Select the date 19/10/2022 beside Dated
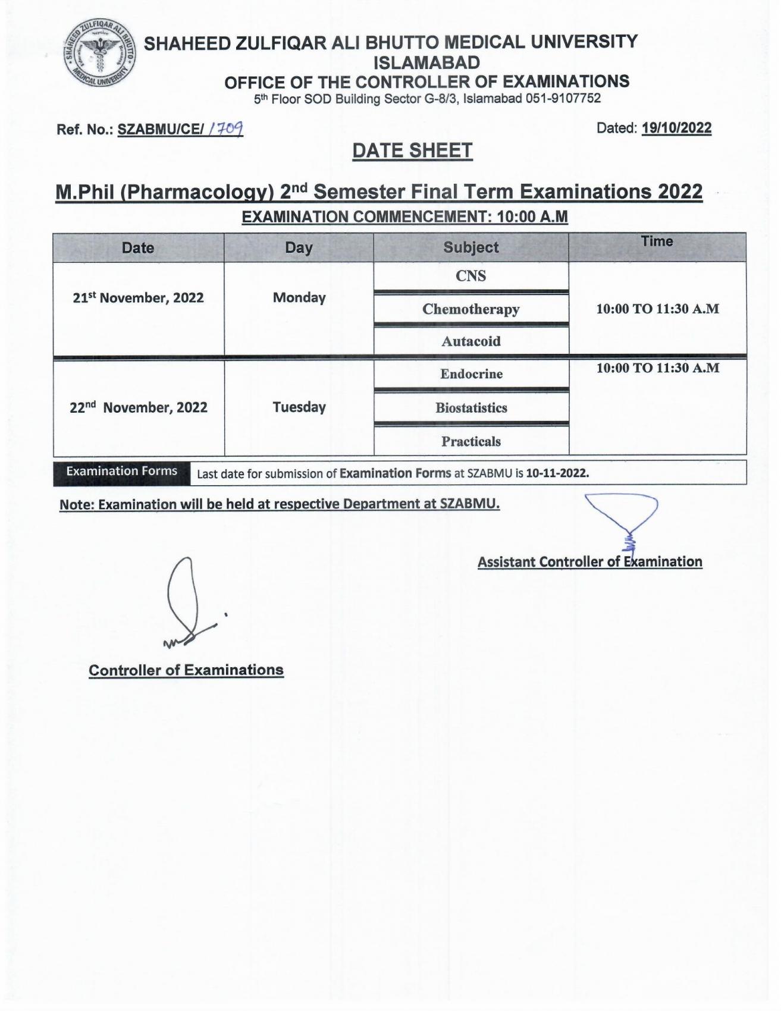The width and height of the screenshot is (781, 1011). [x=676, y=128]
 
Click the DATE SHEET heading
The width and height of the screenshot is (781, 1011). [x=412, y=151]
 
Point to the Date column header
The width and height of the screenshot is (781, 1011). [x=138, y=248]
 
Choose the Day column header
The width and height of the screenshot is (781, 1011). [x=299, y=248]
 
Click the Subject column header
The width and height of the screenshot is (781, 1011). [x=471, y=247]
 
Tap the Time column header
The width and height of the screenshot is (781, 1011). [x=657, y=241]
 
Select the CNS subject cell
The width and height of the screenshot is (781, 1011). [x=471, y=276]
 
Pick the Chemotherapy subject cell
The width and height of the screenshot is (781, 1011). [x=471, y=309]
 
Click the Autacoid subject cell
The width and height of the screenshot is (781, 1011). [x=471, y=341]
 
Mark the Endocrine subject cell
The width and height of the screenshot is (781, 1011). [x=471, y=374]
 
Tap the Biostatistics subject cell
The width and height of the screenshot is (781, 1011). [x=471, y=408]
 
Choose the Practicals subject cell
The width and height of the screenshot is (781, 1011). [x=471, y=441]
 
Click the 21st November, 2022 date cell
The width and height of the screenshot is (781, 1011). [x=138, y=298]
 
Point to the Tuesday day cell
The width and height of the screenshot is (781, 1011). [x=299, y=407]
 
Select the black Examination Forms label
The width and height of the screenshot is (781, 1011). [x=121, y=472]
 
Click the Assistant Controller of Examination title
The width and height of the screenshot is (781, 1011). [x=589, y=562]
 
